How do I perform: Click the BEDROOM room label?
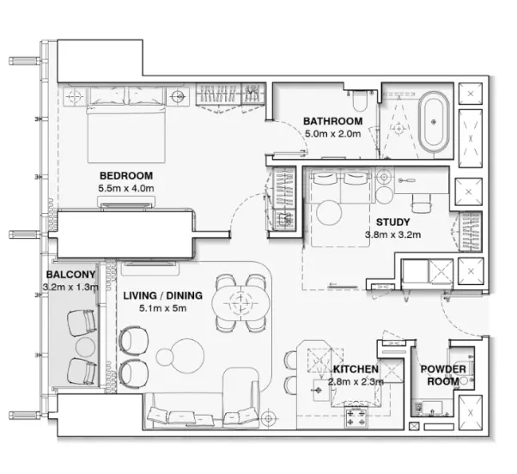click(126, 176)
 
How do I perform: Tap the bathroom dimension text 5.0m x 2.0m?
click(332, 134)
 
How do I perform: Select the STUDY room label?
click(393, 222)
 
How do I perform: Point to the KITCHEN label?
click(356, 369)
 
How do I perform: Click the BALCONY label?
click(71, 275)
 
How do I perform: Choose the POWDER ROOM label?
click(443, 375)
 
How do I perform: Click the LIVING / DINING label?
click(163, 295)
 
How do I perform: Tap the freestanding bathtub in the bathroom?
click(434, 122)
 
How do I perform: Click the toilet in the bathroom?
click(359, 100)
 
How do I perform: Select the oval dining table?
click(241, 302)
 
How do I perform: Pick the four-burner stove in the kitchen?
click(356, 417)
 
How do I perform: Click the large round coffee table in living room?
click(188, 355)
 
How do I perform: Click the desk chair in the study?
click(422, 203)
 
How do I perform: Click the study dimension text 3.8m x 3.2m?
click(392, 234)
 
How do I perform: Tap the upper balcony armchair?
click(82, 322)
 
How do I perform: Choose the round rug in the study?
click(329, 213)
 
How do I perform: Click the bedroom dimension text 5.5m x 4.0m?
click(126, 189)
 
